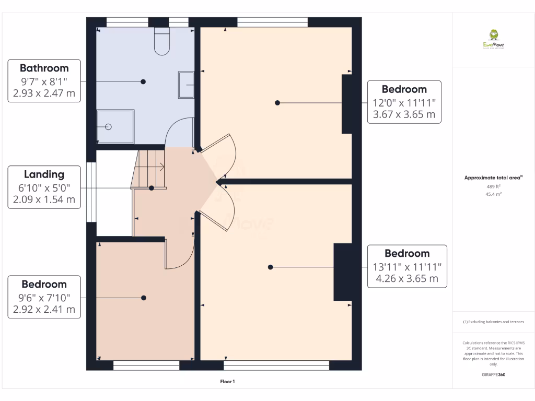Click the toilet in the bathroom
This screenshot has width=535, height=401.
pyautogui.click(x=162, y=42)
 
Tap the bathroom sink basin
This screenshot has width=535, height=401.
pyautogui.click(x=187, y=85)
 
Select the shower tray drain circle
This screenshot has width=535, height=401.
pyautogui.click(x=109, y=127)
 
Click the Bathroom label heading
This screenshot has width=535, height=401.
pyautogui.click(x=44, y=68)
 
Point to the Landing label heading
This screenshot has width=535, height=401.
pyautogui.click(x=44, y=174)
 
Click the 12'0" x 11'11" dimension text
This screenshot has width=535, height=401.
pyautogui.click(x=404, y=103)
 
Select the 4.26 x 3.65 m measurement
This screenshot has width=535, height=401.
pyautogui.click(x=407, y=278)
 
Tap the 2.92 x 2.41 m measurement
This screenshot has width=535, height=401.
pyautogui.click(x=44, y=309)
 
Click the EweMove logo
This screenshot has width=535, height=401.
pyautogui.click(x=493, y=39)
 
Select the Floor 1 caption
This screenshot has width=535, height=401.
pyautogui.click(x=227, y=382)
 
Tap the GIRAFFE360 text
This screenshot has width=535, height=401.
pyautogui.click(x=493, y=374)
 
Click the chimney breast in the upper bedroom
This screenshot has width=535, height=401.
pyautogui.click(x=347, y=104)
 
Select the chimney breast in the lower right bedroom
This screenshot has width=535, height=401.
pyautogui.click(x=343, y=272)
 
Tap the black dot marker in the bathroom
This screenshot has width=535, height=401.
pyautogui.click(x=143, y=81)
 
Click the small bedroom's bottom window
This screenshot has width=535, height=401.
pyautogui.click(x=146, y=365)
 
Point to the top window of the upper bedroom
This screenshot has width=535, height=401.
pyautogui.click(x=272, y=22)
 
